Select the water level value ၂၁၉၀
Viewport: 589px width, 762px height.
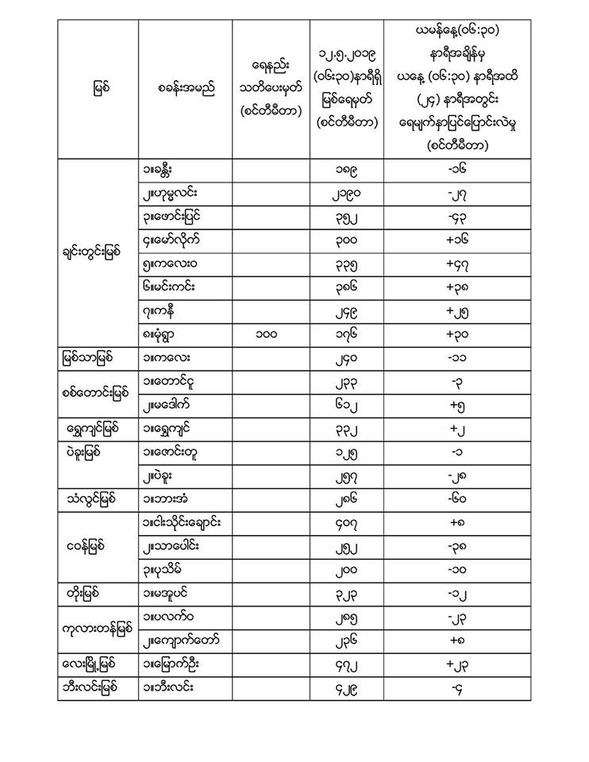349,194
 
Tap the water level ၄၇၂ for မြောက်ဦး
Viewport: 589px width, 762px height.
349,663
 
